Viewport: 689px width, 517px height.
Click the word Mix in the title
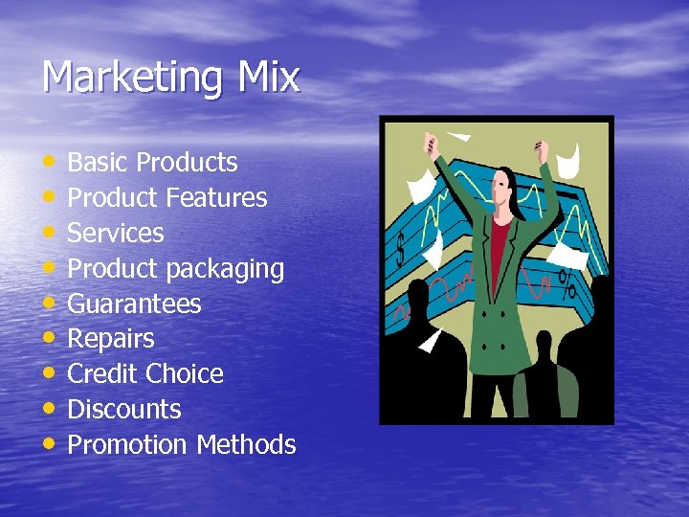tap(269, 77)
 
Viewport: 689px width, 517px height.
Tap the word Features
tap(216, 198)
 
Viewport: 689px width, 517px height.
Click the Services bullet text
tap(116, 234)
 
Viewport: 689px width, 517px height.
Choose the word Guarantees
tap(134, 304)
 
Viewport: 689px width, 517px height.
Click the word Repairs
tap(110, 340)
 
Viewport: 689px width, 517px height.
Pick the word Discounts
tap(124, 410)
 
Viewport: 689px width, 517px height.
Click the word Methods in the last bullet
tap(246, 445)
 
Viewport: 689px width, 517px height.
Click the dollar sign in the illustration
tap(401, 251)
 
